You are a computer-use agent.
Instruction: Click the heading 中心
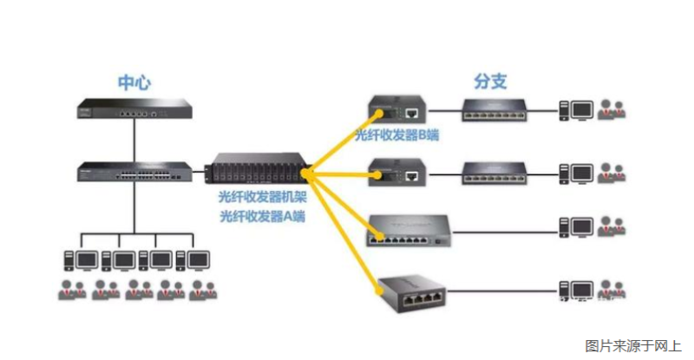click(x=134, y=82)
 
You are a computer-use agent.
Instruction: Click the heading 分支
click(x=490, y=82)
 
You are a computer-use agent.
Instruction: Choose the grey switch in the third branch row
click(x=408, y=230)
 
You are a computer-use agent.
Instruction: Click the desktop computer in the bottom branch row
click(x=578, y=289)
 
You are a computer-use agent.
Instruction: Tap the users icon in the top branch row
click(x=611, y=110)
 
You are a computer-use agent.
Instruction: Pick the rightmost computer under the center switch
click(x=195, y=259)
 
